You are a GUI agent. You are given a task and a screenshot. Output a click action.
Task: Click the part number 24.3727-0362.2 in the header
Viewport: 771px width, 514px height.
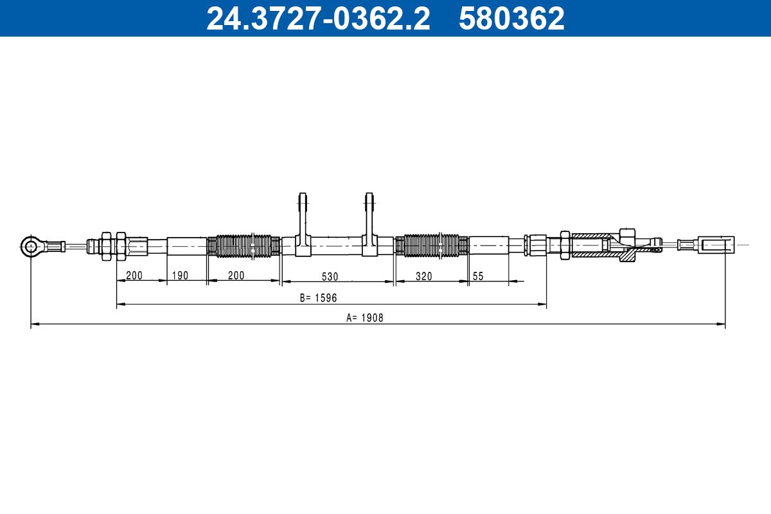318,19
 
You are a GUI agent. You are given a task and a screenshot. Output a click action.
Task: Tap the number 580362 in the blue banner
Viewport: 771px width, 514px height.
511,19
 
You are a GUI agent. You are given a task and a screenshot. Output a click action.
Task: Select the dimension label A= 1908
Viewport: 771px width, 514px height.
364,318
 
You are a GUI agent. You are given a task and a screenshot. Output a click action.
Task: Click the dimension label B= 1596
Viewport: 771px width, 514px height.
318,297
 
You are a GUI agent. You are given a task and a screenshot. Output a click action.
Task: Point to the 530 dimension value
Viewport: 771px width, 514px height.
330,276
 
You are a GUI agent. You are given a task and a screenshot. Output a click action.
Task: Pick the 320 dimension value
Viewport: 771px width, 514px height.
423,276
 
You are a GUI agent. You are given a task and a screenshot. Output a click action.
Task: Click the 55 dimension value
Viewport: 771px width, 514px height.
478,276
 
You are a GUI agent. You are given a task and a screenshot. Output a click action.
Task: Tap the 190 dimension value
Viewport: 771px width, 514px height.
180,276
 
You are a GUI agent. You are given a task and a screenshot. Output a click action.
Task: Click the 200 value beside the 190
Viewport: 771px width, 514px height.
134,276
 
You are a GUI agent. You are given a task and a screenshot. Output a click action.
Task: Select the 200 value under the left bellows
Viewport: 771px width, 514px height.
236,276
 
